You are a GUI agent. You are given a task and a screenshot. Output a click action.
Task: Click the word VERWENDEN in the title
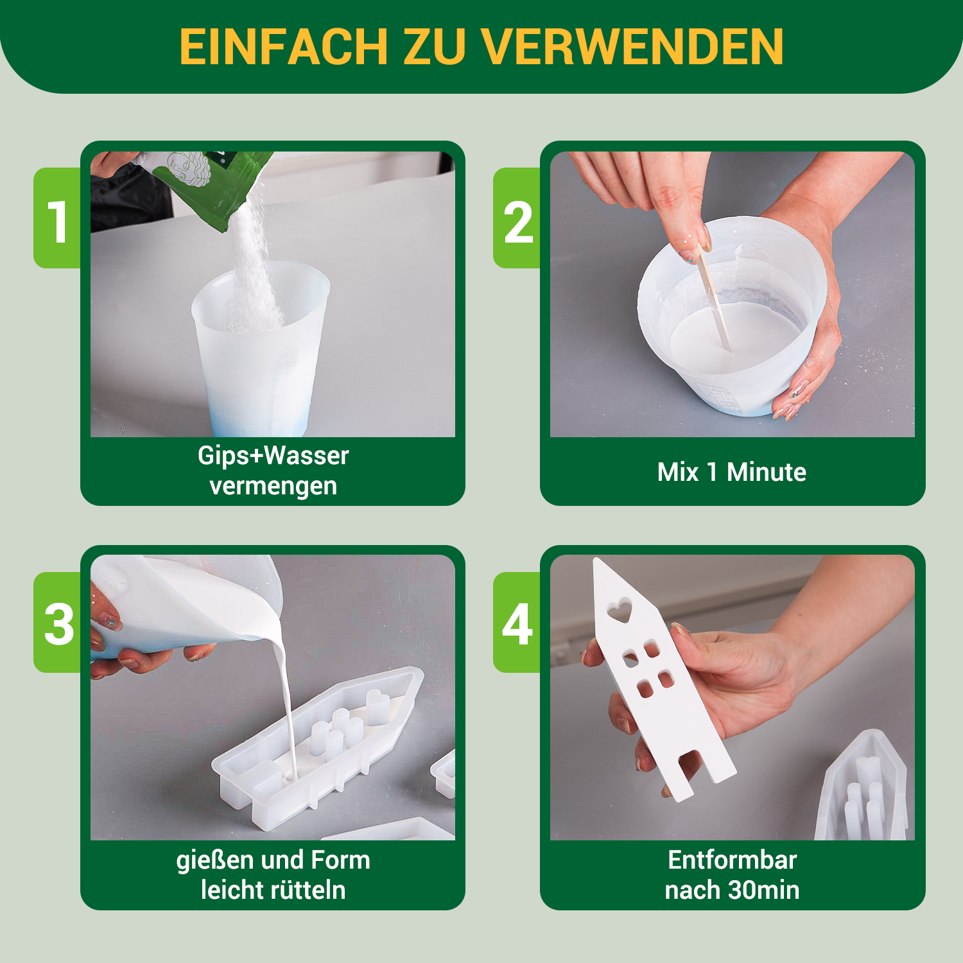point(632,46)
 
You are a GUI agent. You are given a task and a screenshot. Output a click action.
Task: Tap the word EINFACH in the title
point(284,46)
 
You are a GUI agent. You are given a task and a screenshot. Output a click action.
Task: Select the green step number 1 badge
point(57,218)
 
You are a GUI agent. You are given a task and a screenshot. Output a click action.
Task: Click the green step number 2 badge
point(517,218)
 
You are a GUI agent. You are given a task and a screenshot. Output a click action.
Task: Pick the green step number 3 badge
point(57,623)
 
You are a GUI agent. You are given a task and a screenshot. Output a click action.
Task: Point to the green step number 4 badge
point(517,623)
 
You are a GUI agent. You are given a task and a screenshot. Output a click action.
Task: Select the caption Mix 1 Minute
point(732,472)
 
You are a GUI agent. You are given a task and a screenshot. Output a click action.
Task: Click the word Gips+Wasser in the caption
point(273,456)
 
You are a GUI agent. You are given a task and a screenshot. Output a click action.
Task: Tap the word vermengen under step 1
point(273,486)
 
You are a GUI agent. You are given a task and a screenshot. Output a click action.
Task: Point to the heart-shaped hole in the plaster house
point(620,610)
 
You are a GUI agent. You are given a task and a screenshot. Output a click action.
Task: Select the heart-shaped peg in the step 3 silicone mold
point(378,705)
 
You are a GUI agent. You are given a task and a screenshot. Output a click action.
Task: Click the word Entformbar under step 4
point(733,860)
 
